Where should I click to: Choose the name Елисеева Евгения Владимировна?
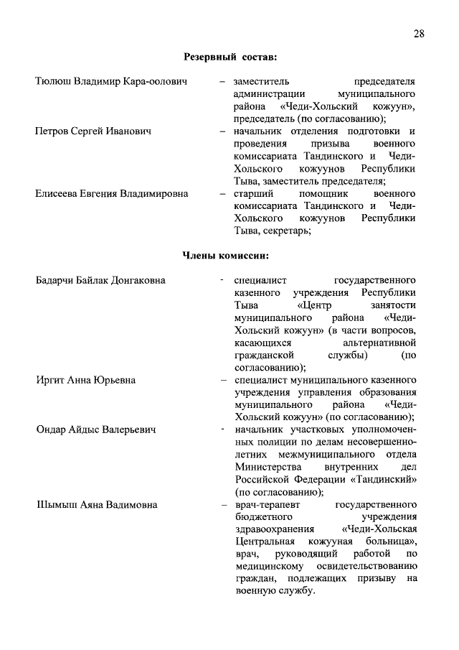point(113,194)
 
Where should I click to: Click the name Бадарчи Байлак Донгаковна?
point(100,279)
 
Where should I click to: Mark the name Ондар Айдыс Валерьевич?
point(97,430)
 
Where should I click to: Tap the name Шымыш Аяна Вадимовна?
point(96,504)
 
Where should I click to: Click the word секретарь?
point(287,231)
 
